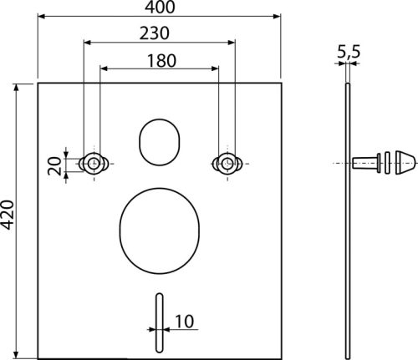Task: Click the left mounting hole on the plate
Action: pos(94,162)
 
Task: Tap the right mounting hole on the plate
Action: pos(224,162)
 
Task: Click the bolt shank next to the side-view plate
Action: pos(363,162)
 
